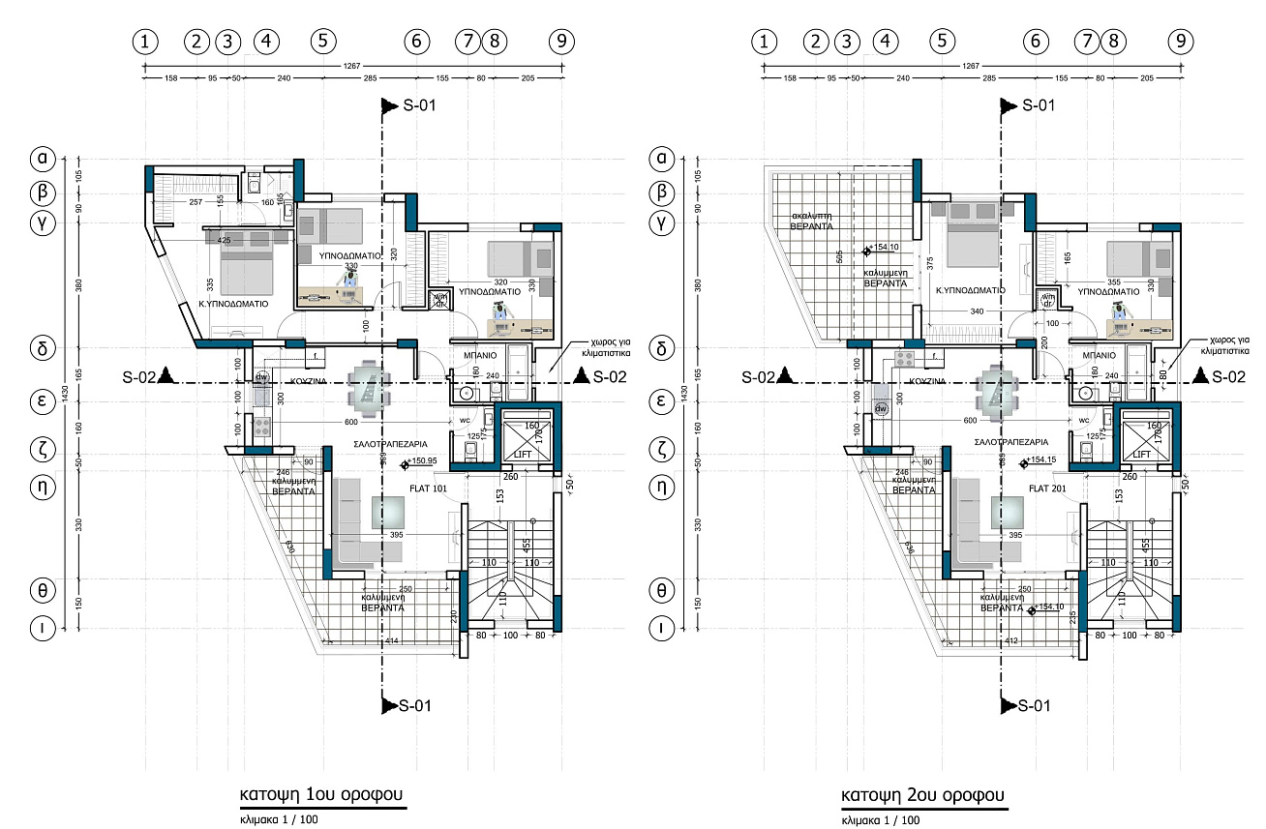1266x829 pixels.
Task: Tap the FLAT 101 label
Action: click(x=428, y=489)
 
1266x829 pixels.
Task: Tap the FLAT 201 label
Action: click(x=1048, y=489)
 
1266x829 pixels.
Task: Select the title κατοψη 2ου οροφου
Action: click(x=923, y=795)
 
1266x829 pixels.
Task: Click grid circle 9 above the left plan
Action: click(x=561, y=42)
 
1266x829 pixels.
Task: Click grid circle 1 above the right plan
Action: click(x=765, y=42)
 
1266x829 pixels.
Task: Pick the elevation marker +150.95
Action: click(x=424, y=462)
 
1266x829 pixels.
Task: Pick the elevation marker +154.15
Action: click(x=1043, y=462)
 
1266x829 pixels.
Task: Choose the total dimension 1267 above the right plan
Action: click(x=971, y=65)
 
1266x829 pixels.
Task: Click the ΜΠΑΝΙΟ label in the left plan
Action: click(x=480, y=355)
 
